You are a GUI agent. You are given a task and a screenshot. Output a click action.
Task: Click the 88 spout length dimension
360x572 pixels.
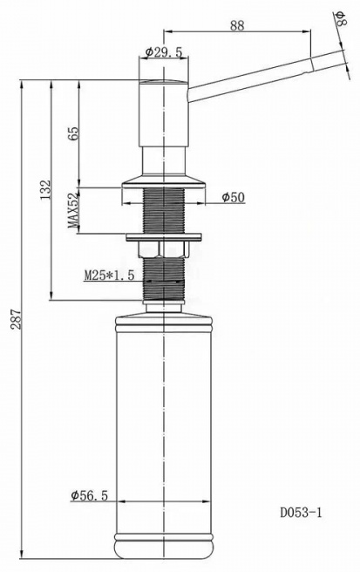pyautogui.click(x=237, y=25)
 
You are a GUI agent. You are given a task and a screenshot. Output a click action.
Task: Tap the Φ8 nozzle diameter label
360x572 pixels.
pyautogui.click(x=342, y=18)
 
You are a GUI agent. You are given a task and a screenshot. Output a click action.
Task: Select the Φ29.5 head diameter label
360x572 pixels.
pyautogui.click(x=163, y=52)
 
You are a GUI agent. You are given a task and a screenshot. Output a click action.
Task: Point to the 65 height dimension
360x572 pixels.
pyautogui.click(x=74, y=133)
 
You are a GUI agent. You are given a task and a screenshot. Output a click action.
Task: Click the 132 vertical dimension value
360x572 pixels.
pyautogui.click(x=45, y=189)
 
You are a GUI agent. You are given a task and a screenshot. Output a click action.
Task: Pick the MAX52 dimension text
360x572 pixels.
pyautogui.click(x=74, y=210)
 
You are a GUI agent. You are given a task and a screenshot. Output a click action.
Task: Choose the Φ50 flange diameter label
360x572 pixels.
pyautogui.click(x=234, y=197)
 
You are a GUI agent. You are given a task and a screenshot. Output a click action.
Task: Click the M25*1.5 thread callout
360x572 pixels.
pyautogui.click(x=110, y=275)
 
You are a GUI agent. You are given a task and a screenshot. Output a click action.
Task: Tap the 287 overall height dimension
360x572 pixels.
pyautogui.click(x=16, y=319)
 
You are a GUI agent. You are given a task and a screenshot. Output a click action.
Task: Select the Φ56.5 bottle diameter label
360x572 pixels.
pyautogui.click(x=90, y=495)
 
